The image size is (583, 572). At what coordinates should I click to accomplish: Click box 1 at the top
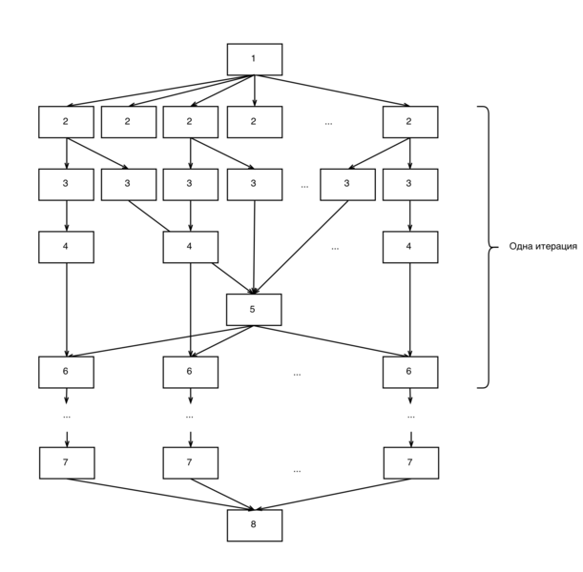255,59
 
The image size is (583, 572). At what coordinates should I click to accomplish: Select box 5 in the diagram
254,310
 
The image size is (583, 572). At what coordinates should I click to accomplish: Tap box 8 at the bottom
255,525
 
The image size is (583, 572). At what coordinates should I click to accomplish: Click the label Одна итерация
543,246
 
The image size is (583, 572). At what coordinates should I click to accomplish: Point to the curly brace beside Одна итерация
489,247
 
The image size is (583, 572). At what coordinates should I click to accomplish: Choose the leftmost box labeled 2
66,122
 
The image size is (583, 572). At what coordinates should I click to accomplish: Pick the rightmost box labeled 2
410,122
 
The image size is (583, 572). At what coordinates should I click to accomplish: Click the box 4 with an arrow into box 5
191,247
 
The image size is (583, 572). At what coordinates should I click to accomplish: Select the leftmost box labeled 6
66,372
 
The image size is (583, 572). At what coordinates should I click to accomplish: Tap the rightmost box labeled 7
411,462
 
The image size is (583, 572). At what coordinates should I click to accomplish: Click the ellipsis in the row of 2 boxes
328,123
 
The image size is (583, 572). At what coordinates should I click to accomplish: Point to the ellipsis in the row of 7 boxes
297,471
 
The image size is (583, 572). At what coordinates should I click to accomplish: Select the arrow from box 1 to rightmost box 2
332,91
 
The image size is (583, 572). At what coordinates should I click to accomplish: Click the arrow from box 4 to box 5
234,278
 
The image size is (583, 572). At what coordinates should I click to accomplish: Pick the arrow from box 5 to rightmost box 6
332,341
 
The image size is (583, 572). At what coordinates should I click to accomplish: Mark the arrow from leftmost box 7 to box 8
160,495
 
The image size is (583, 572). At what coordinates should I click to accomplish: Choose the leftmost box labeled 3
66,185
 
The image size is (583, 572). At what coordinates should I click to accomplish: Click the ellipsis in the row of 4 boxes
335,249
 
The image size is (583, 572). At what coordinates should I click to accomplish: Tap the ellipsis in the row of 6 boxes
297,375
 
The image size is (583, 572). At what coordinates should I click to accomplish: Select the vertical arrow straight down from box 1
255,91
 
